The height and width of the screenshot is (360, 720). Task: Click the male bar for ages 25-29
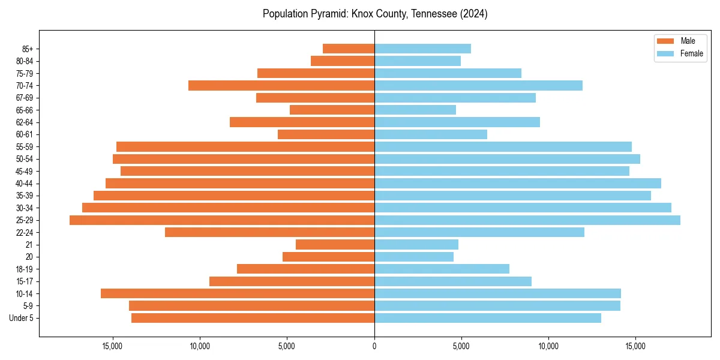pos(222,220)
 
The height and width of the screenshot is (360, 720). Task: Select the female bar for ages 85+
pos(422,49)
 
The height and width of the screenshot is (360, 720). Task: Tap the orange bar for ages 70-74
pos(281,85)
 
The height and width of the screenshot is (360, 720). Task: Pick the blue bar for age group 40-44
pos(517,183)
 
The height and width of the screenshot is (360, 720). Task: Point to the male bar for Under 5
pos(253,318)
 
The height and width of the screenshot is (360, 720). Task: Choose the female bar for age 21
pos(416,245)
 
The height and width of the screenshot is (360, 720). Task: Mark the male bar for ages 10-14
pos(238,293)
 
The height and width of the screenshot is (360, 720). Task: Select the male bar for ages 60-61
pos(326,134)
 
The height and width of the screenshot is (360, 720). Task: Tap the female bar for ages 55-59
pos(503,146)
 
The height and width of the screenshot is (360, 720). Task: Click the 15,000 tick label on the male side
pos(113,346)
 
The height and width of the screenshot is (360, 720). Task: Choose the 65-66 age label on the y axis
pos(25,110)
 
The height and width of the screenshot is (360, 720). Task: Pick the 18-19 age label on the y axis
pos(25,269)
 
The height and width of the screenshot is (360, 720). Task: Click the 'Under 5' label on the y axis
pos(22,318)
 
